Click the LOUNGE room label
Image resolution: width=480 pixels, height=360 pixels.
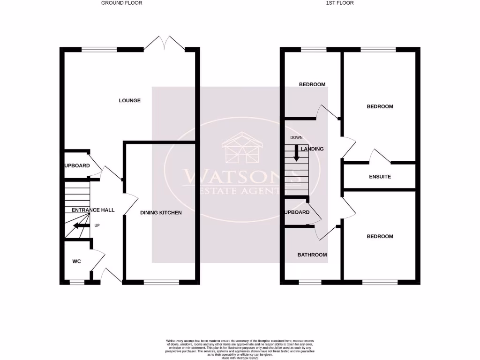tap(129, 100)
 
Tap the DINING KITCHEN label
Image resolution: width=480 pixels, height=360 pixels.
tap(161, 213)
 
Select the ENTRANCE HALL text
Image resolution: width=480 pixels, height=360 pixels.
tap(93, 210)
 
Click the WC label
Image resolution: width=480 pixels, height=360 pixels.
tap(76, 261)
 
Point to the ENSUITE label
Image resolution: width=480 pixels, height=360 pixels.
tap(380, 177)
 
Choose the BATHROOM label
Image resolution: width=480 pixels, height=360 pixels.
tap(312, 255)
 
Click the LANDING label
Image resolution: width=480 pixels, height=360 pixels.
tap(312, 149)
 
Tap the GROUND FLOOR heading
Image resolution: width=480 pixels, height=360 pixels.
tap(122, 3)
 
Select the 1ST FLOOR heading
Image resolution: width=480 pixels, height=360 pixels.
tap(340, 3)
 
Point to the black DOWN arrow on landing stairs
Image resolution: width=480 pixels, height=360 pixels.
tap(296, 153)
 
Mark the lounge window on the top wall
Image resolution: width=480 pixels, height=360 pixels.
tap(99, 49)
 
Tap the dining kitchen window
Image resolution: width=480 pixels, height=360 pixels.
tap(161, 282)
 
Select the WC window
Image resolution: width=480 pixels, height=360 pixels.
tap(77, 282)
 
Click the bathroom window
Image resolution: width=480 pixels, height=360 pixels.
tap(310, 282)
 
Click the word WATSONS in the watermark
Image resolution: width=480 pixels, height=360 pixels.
tap(242, 176)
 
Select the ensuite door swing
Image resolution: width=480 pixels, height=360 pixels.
tap(380, 156)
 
